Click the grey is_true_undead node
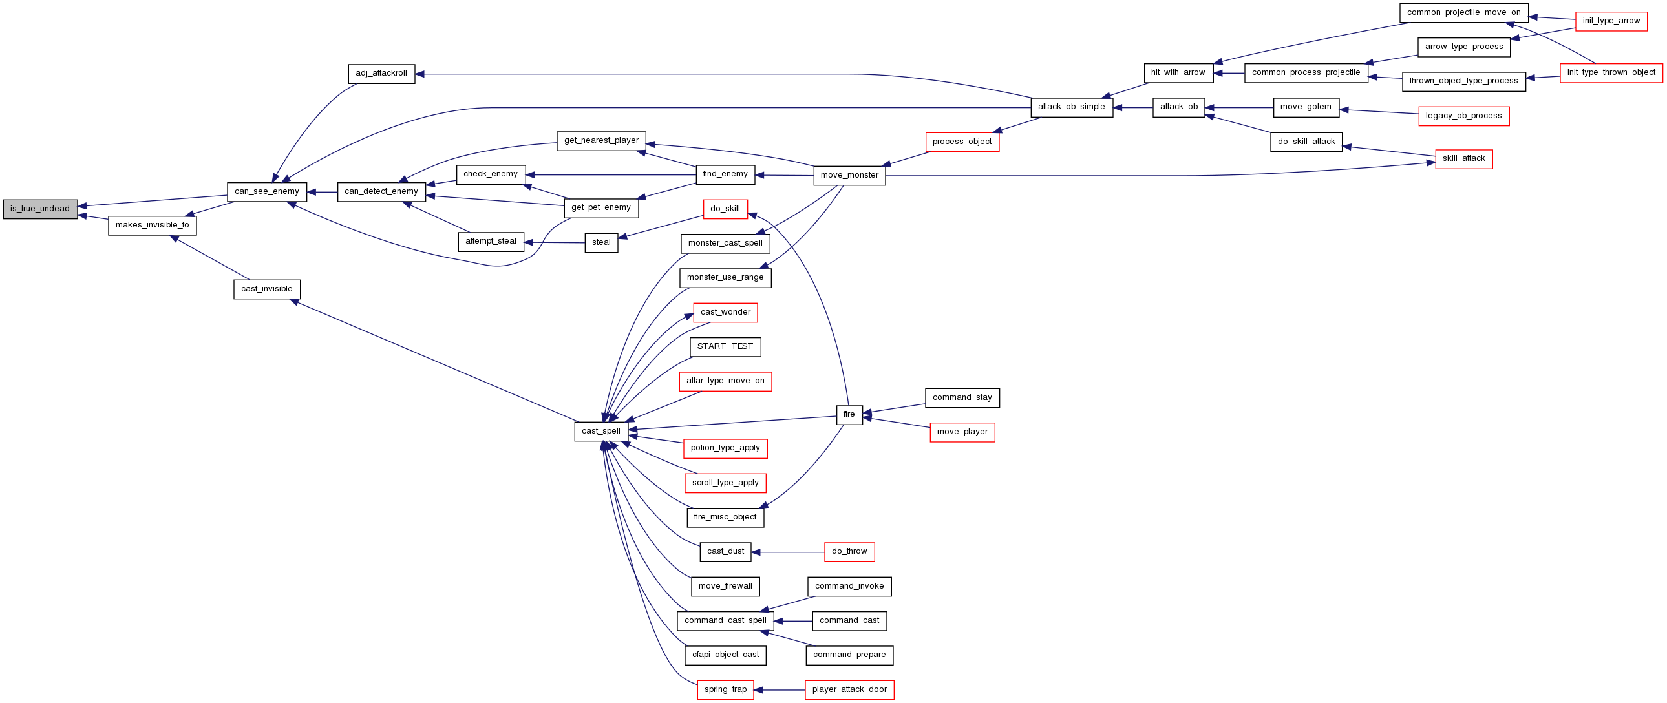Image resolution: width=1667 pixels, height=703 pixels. pos(40,209)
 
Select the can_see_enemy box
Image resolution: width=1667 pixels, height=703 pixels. pos(266,191)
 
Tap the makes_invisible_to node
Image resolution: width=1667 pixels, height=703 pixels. pos(152,225)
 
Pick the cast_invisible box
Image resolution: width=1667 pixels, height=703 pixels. pos(266,289)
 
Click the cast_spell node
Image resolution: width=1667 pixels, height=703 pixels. pos(601,432)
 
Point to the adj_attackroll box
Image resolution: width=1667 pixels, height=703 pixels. pos(381,73)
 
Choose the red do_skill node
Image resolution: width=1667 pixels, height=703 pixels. pos(725,209)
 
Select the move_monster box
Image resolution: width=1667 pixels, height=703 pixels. pos(850,175)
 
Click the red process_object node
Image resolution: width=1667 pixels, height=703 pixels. pos(962,142)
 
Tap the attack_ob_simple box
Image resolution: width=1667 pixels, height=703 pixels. pos(1072,107)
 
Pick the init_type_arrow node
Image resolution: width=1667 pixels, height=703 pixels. pos(1611,21)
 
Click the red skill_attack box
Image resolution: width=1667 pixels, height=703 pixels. pos(1464,159)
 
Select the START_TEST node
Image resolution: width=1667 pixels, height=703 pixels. pos(725,346)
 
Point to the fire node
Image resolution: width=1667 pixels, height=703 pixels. pos(849,415)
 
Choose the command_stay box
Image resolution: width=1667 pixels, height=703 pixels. pos(962,398)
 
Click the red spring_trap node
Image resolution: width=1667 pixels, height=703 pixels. pos(725,689)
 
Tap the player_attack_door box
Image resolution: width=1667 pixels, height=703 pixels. pos(850,689)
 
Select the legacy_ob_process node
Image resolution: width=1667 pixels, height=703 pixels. pos(1464,116)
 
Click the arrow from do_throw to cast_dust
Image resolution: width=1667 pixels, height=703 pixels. pos(788,552)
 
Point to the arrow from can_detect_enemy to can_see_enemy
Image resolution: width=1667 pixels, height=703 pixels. pos(323,192)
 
